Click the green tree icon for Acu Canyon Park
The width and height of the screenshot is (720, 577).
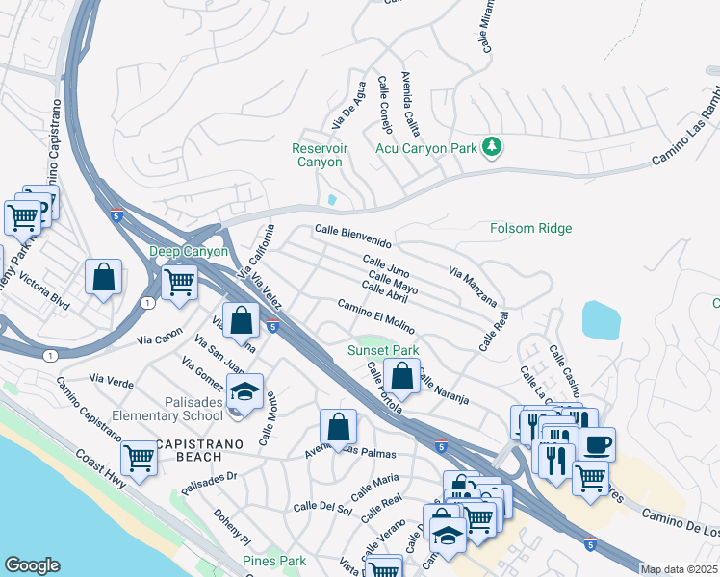pos(493,145)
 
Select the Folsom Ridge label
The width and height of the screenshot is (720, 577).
pos(530,228)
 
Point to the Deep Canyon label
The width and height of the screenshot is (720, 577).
pos(189,252)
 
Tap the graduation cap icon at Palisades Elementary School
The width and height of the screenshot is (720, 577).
pos(245,391)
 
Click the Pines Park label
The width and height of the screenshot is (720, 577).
pos(273,561)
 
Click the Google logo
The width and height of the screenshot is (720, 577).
pos(32,565)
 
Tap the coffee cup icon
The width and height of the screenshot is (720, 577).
pos(597,443)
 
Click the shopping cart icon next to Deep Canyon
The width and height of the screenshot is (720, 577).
pos(179,283)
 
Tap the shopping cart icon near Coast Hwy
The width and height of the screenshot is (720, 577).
pos(140,458)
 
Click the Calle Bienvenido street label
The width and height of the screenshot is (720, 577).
pos(353,236)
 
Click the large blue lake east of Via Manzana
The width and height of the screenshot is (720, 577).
pos(602,320)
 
